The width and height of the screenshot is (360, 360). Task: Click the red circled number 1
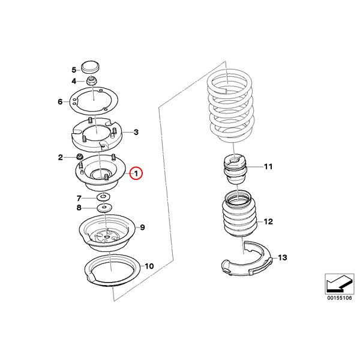136,173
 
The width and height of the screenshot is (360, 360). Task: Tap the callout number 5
74,70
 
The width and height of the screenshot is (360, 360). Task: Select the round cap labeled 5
91,67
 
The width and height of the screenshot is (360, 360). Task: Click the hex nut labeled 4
92,81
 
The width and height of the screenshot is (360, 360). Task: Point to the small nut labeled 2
80,157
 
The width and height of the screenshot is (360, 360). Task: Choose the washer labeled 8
104,208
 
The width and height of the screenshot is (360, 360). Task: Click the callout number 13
283,257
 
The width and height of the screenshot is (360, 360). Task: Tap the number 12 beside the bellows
268,221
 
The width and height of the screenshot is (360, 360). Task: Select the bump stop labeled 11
235,169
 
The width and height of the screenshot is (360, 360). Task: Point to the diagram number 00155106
340,298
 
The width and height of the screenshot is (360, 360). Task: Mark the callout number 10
149,266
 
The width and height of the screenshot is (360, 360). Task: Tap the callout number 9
142,227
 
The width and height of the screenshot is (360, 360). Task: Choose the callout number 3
136,132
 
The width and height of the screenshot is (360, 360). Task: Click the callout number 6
60,101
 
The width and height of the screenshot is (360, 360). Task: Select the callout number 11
268,166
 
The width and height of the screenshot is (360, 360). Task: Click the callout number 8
79,208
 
